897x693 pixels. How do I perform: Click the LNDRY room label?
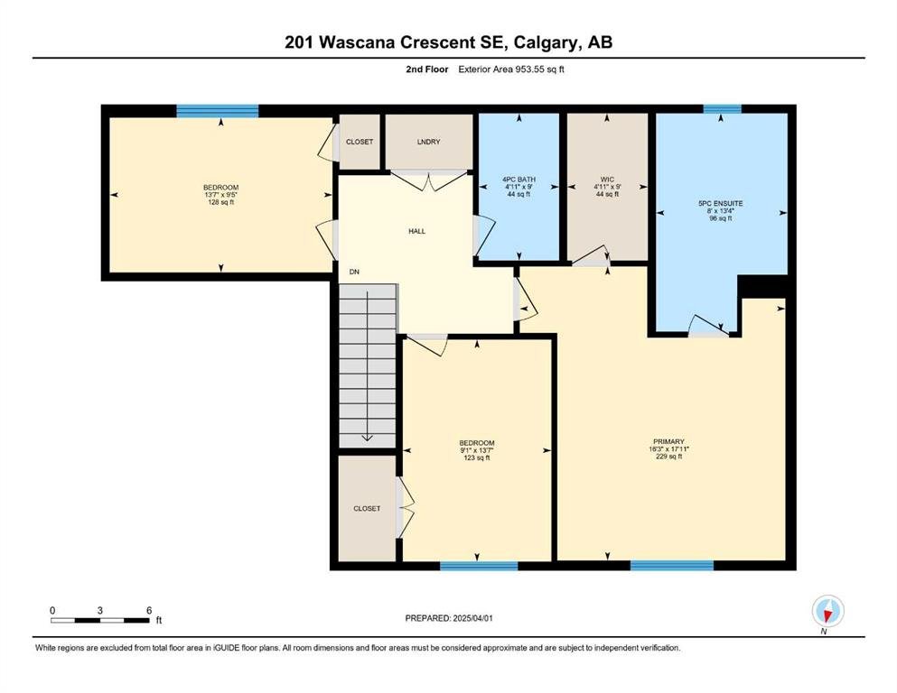click(428, 142)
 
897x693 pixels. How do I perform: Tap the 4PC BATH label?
click(519, 180)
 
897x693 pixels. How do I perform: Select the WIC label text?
click(607, 180)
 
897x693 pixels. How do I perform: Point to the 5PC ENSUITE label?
click(720, 203)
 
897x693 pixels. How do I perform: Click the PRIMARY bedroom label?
click(668, 441)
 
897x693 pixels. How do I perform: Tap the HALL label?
click(417, 231)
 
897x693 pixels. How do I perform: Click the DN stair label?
click(355, 272)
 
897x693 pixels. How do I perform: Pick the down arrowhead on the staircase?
click(368, 439)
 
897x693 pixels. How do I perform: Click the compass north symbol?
click(827, 611)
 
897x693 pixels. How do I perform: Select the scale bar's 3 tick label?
click(100, 610)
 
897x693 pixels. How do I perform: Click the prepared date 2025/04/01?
click(472, 618)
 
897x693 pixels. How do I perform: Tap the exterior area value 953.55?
click(529, 69)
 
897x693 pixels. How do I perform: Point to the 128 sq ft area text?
click(220, 202)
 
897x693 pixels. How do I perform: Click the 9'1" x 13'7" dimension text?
click(477, 450)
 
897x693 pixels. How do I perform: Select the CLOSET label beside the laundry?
click(360, 142)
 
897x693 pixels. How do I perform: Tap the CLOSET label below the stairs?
click(367, 508)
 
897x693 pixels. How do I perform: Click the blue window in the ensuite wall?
click(722, 108)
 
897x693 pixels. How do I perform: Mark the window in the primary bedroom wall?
click(671, 566)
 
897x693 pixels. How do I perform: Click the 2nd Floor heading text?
click(426, 69)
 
